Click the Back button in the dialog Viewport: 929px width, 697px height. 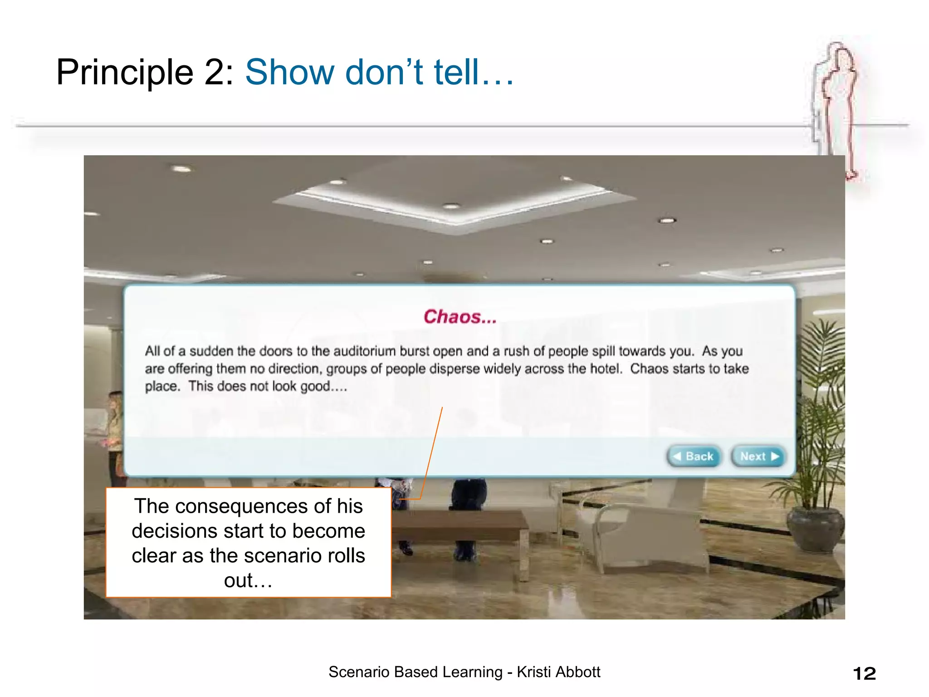694,456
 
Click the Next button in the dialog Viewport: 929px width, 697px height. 758,456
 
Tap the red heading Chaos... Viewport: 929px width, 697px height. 460,317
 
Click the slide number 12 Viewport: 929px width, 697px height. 864,673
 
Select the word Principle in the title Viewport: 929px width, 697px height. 125,73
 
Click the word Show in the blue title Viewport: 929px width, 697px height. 290,73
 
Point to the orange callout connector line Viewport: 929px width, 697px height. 431,454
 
